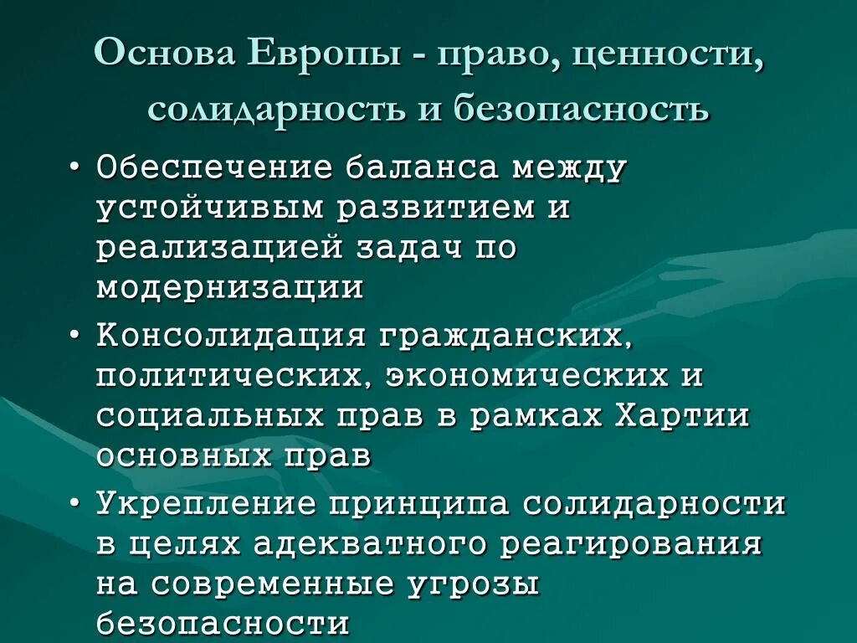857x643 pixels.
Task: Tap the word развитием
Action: [436, 208]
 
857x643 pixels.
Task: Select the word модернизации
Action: [230, 287]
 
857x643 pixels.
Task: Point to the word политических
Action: [235, 376]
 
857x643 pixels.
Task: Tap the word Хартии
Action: [682, 416]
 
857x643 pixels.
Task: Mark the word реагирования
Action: [632, 544]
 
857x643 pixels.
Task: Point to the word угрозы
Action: [473, 584]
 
